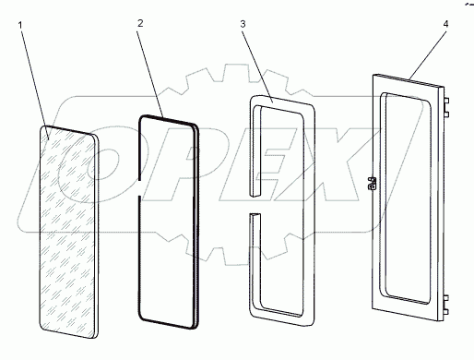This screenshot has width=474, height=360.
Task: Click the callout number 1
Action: click(x=20, y=25)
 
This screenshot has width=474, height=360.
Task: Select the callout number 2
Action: click(x=140, y=23)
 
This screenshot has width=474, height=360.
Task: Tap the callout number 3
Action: click(x=243, y=24)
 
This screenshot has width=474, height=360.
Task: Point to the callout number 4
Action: click(x=445, y=24)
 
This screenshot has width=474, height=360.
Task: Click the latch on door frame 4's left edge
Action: click(x=372, y=184)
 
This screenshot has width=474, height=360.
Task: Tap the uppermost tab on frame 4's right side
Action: click(x=446, y=101)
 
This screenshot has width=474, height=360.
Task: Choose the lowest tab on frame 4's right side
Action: click(x=446, y=312)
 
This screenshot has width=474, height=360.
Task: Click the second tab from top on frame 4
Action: click(x=446, y=114)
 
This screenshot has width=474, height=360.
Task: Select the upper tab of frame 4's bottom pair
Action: click(x=446, y=297)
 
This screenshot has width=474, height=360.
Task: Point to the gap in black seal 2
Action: click(x=139, y=187)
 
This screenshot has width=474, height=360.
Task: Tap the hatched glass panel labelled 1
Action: click(x=69, y=232)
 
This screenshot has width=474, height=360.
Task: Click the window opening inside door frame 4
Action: click(x=405, y=198)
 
